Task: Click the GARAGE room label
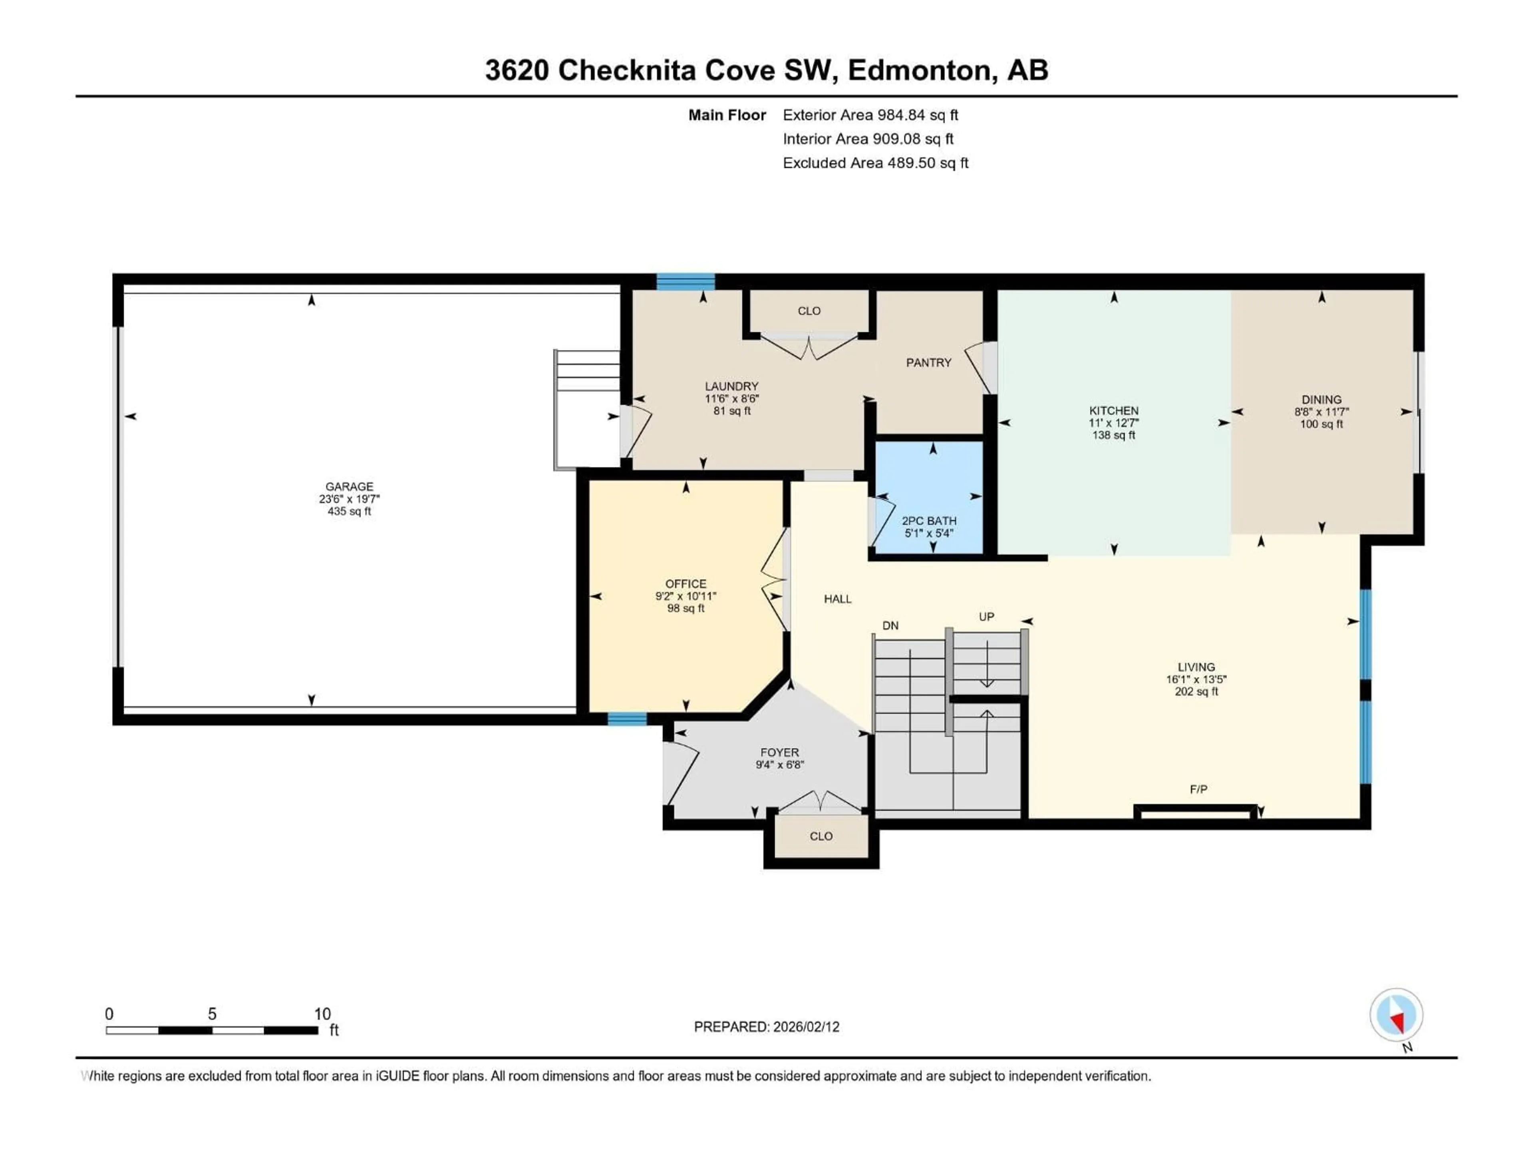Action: point(350,486)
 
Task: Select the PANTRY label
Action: point(928,362)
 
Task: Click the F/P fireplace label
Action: point(1198,789)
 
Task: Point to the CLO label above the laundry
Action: point(809,311)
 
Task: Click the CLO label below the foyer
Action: point(821,836)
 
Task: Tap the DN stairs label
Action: point(890,625)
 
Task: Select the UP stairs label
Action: point(986,616)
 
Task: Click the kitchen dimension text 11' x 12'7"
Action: point(1114,422)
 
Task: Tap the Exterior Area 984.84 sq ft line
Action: point(870,115)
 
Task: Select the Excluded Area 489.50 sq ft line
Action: point(875,163)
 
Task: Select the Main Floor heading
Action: point(727,115)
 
